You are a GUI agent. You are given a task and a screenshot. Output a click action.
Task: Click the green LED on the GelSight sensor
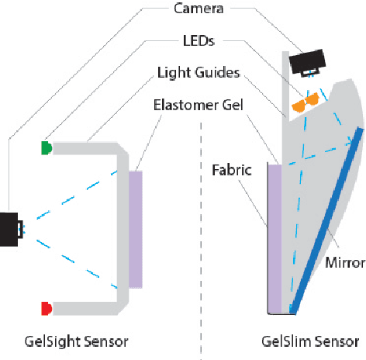coord(47,147)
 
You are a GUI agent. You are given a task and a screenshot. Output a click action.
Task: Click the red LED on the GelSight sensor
coord(47,308)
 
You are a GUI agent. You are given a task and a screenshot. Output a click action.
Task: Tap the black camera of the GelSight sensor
coord(10,229)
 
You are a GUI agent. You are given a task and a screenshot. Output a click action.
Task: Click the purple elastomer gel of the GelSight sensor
coord(136,229)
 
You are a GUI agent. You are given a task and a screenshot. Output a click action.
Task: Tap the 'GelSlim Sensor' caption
coord(310,341)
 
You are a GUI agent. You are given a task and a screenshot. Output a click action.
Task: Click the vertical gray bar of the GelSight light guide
coord(123,225)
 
